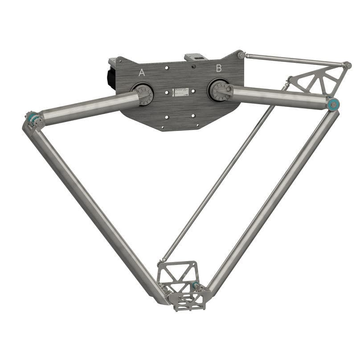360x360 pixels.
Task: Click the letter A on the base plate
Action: pyautogui.click(x=142, y=73)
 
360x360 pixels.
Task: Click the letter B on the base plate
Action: pyautogui.click(x=219, y=68)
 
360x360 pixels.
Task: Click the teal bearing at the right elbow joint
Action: pyautogui.click(x=333, y=104)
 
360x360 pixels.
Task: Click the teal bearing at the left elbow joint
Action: pyautogui.click(x=33, y=119)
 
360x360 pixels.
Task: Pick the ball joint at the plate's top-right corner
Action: pyautogui.click(x=241, y=55)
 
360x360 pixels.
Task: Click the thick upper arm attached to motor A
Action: pyautogui.click(x=89, y=109)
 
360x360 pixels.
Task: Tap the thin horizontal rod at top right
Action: pyautogui.click(x=294, y=60)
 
